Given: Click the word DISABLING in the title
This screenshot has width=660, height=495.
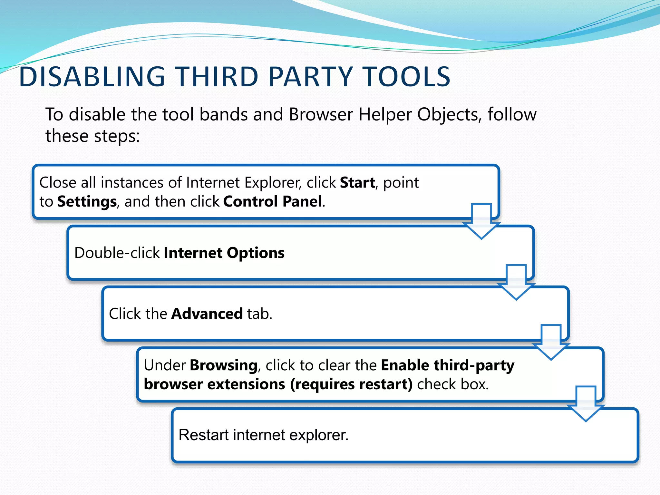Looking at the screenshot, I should tap(92, 77).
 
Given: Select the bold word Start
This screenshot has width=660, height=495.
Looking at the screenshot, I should tap(357, 183).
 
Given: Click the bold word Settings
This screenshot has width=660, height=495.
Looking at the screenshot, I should tap(87, 202).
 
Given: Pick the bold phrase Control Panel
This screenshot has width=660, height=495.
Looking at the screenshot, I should tap(273, 202).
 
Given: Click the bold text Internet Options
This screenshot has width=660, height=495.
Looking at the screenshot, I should tap(224, 253).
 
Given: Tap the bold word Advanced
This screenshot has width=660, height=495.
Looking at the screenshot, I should tap(207, 314).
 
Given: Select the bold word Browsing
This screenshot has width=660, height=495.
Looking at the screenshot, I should tap(224, 365).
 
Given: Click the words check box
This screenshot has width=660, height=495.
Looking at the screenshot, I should tap(453, 384).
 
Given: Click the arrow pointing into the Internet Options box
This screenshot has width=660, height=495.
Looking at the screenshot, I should tap(481, 222).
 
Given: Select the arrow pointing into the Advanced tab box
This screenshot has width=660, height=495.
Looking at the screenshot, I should tap(516, 283).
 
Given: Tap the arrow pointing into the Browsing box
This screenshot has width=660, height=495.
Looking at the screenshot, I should tap(551, 343).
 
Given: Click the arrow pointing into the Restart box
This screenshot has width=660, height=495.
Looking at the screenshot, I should tap(586, 404).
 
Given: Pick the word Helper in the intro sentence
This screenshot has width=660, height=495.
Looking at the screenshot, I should tap(385, 115).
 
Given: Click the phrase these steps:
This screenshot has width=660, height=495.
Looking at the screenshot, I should tap(92, 136).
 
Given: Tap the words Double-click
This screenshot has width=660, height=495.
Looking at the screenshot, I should tap(117, 253).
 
